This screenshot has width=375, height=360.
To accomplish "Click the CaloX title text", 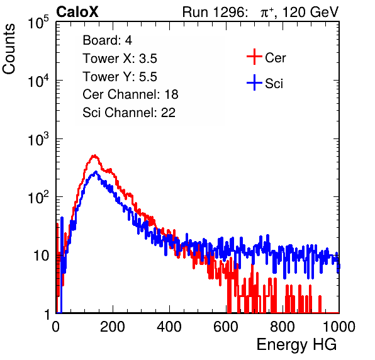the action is coord(77,12).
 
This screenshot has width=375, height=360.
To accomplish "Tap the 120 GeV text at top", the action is coord(310,12).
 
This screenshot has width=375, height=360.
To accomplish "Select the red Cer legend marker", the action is coord(254,57).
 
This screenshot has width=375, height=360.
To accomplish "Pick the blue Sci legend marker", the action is coord(254,82).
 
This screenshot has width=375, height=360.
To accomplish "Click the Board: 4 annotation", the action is coord(107,40).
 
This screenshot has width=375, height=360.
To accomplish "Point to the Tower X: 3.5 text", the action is coord(120,59).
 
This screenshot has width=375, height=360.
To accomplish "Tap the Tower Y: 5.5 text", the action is coord(120,77).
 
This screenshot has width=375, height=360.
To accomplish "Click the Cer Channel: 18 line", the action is coord(130,94).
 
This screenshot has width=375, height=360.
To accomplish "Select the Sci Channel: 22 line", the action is coord(129,113).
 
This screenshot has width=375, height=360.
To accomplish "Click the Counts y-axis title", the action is coord(9,49).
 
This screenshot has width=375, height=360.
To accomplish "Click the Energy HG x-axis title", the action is coord(296,344).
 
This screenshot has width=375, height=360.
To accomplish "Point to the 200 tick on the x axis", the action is coord(113,327).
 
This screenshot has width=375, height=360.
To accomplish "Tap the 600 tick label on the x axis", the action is coord(226,327).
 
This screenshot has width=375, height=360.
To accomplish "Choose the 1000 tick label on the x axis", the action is coord(339,327).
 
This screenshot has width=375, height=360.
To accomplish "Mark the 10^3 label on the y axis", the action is coord(38,139).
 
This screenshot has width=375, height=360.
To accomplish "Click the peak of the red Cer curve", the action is coord(94,155).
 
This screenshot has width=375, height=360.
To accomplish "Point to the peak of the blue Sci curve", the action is coord(96,172).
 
